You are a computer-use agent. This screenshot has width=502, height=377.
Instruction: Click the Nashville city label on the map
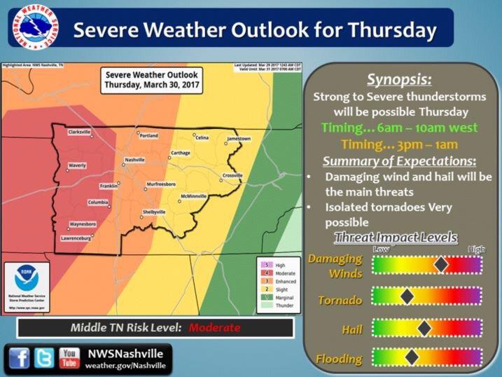click(134, 160)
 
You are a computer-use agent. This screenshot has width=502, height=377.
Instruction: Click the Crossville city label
click(232, 174)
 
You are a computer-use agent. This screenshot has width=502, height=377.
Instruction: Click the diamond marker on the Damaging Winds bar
click(441, 264)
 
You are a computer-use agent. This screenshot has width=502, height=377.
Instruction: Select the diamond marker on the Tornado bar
click(406, 296)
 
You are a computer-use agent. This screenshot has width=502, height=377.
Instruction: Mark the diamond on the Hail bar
click(424, 327)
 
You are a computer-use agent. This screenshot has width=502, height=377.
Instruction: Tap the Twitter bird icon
click(44, 358)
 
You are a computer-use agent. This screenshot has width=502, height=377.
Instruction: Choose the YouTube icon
click(69, 358)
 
